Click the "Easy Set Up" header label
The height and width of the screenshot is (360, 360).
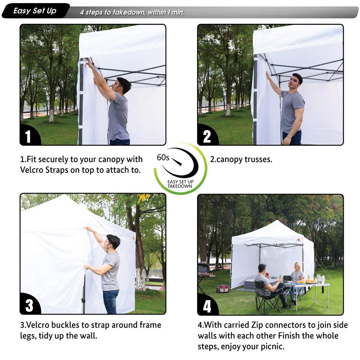point(35,11)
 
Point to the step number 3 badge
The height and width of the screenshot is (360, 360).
point(29,306)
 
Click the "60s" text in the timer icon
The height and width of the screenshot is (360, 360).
point(163,158)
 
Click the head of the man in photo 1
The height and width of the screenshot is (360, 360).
point(123,85)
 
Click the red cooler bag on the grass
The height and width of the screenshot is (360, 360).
point(223,288)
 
